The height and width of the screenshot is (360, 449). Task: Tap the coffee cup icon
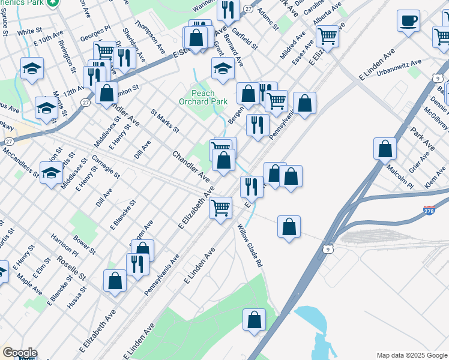pyautogui.click(x=408, y=21)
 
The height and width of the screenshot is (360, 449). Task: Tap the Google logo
pyautogui.click(x=20, y=353)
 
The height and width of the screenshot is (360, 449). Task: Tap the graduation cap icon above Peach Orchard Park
pyautogui.click(x=223, y=69)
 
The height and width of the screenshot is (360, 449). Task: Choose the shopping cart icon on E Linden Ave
pyautogui.click(x=221, y=208)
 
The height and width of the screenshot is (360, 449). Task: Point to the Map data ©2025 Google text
pyautogui.click(x=411, y=355)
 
